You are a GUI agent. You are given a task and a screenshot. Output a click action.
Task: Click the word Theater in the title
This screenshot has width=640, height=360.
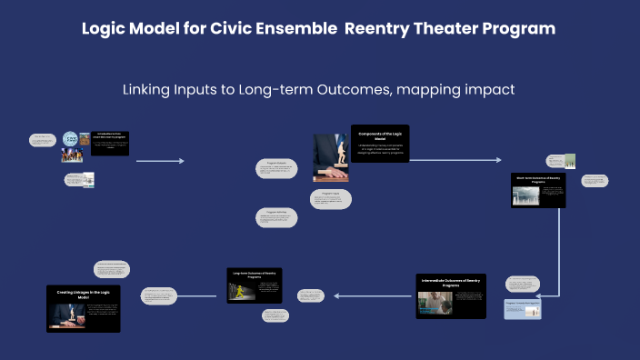(418, 29)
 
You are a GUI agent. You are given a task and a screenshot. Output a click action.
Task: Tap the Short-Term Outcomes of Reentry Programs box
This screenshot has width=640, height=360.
(538, 190)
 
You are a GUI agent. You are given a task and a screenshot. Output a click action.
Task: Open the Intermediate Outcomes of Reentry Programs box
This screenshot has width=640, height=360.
(450, 295)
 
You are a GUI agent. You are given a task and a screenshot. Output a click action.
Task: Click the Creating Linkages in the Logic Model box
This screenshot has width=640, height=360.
(83, 308)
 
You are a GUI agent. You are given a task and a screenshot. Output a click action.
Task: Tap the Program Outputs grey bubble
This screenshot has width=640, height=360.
(278, 169)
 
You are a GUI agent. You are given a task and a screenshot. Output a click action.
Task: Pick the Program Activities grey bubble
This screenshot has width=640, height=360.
(276, 216)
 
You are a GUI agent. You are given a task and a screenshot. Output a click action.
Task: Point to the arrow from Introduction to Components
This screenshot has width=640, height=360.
(160, 162)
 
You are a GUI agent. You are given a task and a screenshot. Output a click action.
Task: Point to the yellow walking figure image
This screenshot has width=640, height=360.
(241, 289)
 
